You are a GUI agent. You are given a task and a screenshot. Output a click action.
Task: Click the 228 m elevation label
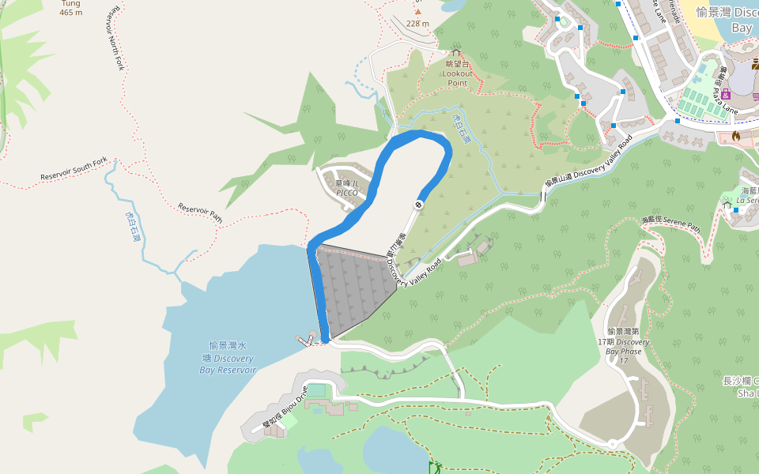point(417,24)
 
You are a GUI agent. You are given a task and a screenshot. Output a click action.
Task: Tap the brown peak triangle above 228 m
point(417,12)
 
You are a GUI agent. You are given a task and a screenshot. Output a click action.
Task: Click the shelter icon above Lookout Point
point(455,52)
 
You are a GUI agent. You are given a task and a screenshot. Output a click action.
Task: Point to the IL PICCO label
point(347,188)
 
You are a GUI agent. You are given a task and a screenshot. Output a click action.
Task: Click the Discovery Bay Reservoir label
point(228,358)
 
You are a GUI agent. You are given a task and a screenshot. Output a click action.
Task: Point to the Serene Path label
point(671,224)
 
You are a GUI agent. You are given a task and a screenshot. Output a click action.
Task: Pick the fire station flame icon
point(735,136)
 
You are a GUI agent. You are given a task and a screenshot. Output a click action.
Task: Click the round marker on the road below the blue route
point(418,205)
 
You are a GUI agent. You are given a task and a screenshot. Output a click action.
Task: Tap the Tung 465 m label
point(70,8)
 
